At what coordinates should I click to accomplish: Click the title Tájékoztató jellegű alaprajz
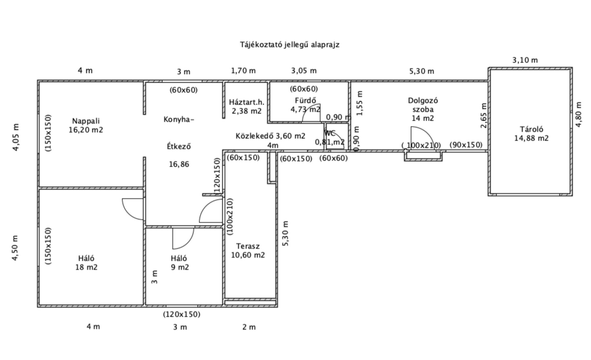coord(290,45)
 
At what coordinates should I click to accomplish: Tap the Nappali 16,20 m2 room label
coord(86,125)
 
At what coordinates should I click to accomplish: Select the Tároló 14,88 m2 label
coord(531,134)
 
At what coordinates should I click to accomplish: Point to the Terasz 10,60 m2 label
coord(248,251)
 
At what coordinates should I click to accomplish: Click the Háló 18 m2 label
coord(86,263)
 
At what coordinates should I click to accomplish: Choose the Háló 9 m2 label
coord(180,263)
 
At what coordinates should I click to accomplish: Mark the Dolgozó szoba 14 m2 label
coord(423,109)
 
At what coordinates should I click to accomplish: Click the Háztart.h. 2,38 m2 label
coord(247,107)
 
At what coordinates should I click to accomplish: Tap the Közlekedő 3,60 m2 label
coord(270,136)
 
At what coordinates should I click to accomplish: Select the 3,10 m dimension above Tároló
coord(525,60)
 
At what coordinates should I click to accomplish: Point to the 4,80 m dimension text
coord(578,114)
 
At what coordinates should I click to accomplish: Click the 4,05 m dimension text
coord(16,137)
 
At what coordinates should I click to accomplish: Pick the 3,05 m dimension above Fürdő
coord(304,71)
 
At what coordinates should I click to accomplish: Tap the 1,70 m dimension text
coord(243,71)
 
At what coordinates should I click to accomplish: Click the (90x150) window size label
coord(466,145)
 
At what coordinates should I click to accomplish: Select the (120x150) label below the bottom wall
coord(182,314)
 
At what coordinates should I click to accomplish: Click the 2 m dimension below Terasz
coord(249,327)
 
